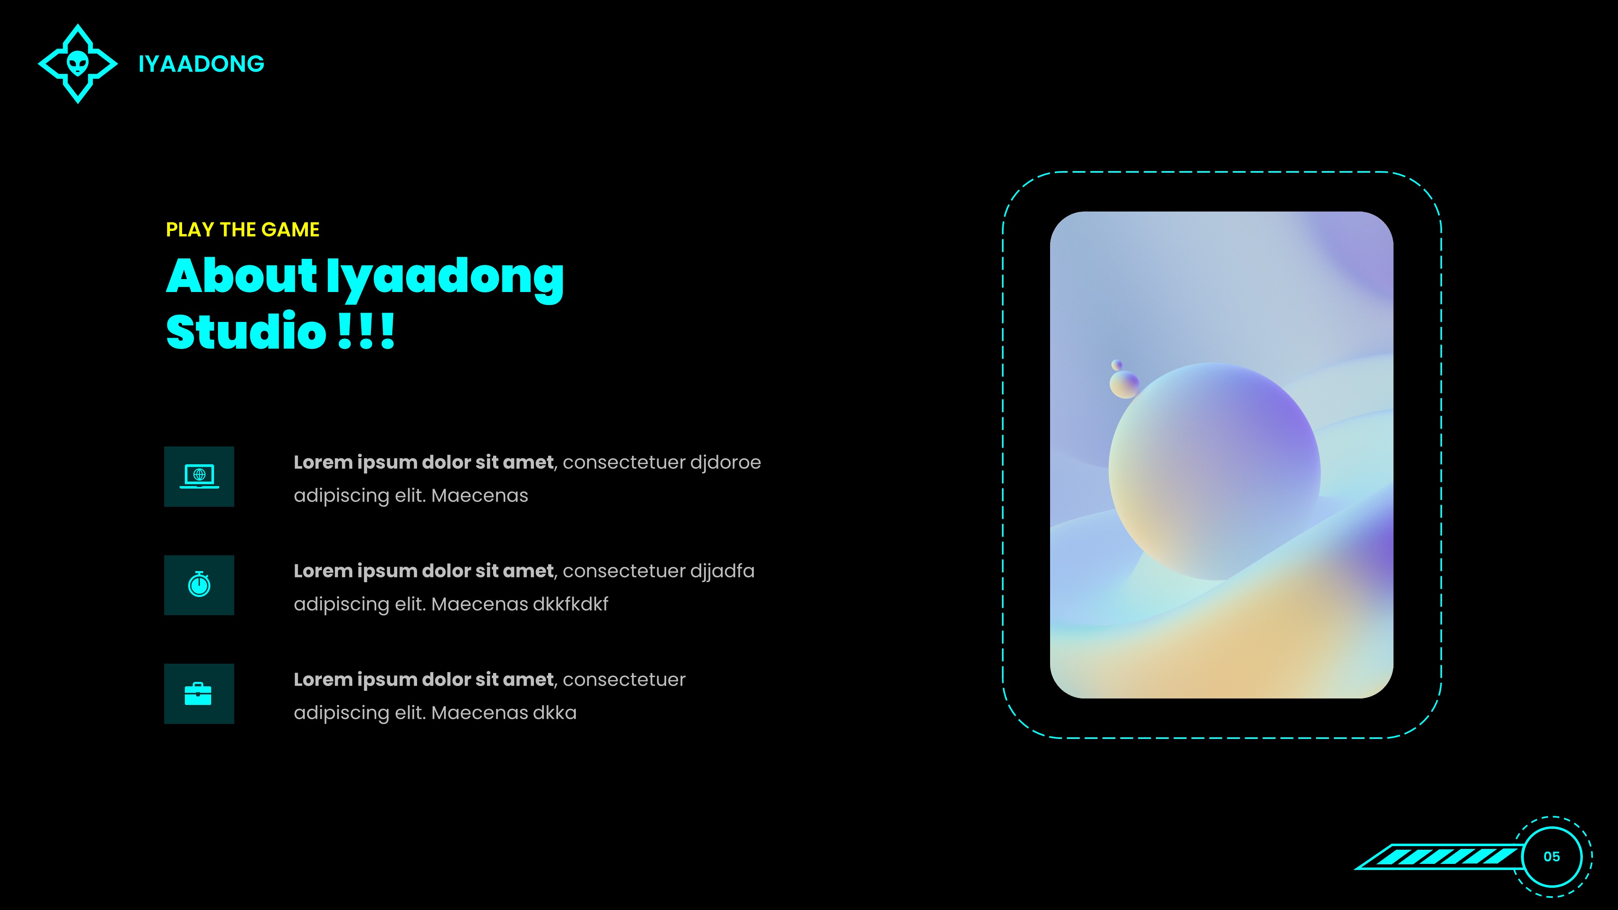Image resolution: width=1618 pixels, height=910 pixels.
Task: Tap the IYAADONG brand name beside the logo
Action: point(201,64)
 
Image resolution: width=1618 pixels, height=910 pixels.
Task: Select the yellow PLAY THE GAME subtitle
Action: point(242,230)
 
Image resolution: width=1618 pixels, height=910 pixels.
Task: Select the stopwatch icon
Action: point(199,585)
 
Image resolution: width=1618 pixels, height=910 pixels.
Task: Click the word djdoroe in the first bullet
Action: point(725,463)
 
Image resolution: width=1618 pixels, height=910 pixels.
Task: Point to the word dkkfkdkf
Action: point(570,604)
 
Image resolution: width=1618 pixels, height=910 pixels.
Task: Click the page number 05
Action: point(1551,857)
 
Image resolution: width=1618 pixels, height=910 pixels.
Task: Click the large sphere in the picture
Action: point(1214,471)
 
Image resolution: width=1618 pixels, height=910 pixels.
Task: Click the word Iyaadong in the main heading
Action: point(445,277)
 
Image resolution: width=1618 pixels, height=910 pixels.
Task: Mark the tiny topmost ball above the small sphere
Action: point(1117,365)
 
